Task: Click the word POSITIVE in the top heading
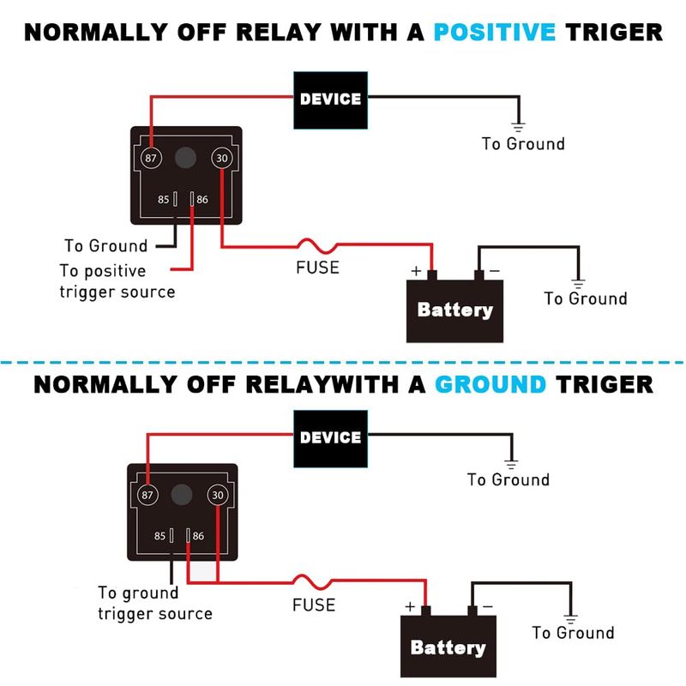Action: [x=495, y=33]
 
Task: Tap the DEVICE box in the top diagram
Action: [x=330, y=99]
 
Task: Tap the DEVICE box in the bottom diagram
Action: [x=330, y=438]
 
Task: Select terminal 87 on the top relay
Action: [x=151, y=158]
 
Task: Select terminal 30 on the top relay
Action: [x=222, y=158]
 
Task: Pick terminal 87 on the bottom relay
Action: [x=147, y=495]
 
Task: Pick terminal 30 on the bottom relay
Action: [x=219, y=495]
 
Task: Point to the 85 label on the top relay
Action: [x=162, y=200]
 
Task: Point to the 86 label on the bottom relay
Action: [x=198, y=536]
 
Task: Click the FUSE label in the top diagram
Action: [x=317, y=268]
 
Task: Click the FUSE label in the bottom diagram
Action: [x=314, y=605]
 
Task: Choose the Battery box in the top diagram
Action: [x=454, y=310]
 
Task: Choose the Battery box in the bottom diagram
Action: [x=448, y=647]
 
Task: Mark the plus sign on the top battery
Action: [x=416, y=270]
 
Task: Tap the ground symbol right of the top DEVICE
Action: [x=518, y=126]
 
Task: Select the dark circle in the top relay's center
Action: [x=184, y=158]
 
